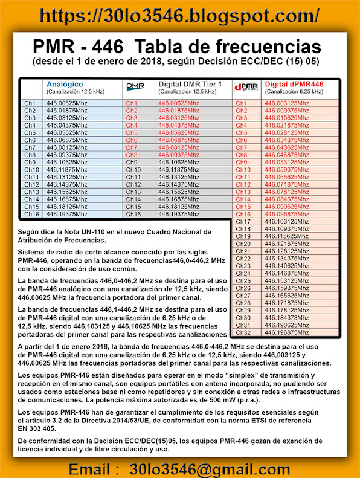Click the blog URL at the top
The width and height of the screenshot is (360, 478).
point(179,15)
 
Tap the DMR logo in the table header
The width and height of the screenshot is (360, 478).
point(135,88)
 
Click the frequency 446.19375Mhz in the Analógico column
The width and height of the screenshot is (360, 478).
point(67,214)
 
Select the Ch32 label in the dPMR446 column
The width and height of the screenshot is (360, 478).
point(243,332)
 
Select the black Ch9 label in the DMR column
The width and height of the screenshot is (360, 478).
point(132,163)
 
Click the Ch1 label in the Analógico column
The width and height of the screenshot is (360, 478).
point(30,103)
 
